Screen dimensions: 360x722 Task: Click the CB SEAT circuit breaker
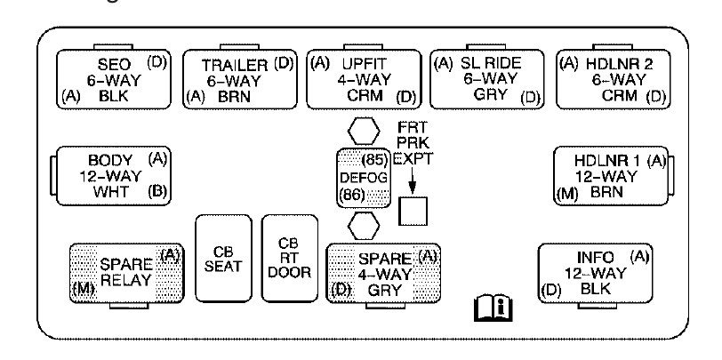[222, 258]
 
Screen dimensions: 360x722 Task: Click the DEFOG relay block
[362, 178]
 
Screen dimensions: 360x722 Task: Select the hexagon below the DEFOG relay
[362, 224]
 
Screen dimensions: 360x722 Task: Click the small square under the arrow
[413, 210]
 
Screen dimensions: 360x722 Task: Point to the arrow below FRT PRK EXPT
[413, 181]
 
